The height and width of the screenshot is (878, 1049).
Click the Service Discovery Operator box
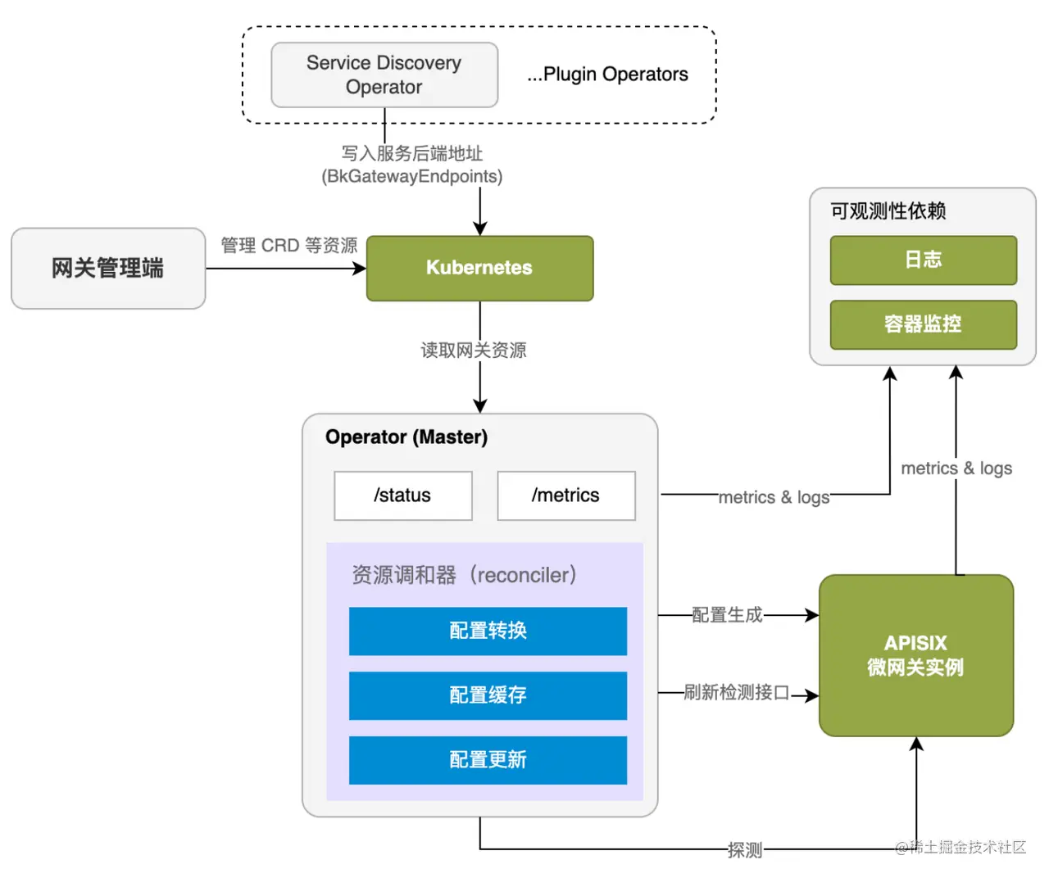click(x=384, y=75)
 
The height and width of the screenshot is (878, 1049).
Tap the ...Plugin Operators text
click(x=607, y=75)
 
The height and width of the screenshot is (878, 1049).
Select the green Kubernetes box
click(x=479, y=268)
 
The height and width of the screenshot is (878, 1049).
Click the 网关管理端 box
click(x=108, y=268)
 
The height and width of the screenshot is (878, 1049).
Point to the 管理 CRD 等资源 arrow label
click(x=288, y=245)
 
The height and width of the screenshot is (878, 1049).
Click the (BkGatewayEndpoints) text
click(x=411, y=176)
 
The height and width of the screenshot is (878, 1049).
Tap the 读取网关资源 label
click(x=474, y=350)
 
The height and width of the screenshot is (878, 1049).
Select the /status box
click(x=402, y=496)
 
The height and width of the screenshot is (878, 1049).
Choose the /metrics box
click(x=565, y=496)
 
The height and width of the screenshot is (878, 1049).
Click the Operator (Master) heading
click(x=406, y=437)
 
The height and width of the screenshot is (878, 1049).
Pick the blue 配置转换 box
click(x=488, y=631)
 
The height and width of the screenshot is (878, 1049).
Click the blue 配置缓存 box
click(x=488, y=695)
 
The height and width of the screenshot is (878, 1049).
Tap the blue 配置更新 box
click(x=488, y=760)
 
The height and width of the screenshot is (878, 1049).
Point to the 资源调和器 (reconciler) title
click(x=464, y=575)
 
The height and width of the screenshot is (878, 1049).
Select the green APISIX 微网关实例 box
click(x=915, y=655)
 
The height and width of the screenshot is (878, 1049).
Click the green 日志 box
click(x=923, y=260)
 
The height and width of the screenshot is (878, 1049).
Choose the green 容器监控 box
click(x=923, y=324)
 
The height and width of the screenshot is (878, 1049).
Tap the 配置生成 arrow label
click(x=727, y=614)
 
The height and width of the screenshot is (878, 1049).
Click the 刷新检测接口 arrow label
click(x=737, y=693)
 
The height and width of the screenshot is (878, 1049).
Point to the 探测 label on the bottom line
click(x=745, y=850)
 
